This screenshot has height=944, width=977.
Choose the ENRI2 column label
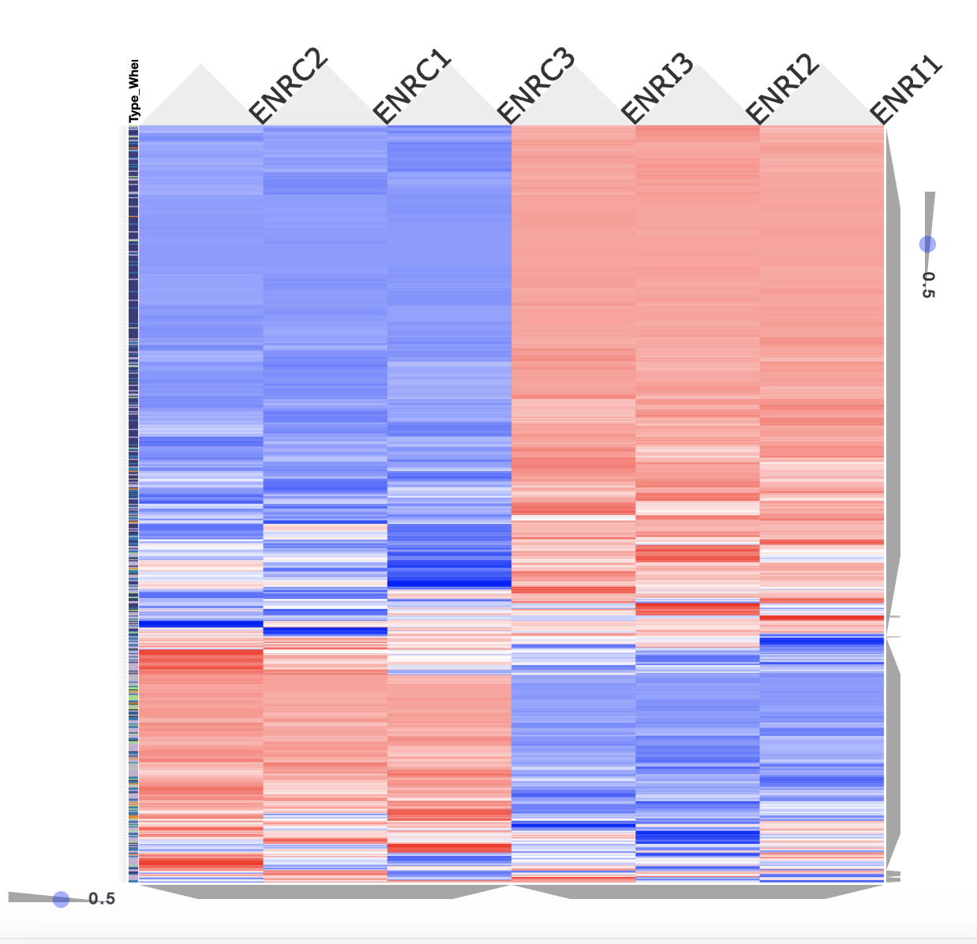783,88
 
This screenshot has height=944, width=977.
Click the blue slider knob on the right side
928,244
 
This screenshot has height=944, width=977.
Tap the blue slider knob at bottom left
61,899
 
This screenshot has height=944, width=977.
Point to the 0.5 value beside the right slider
928,285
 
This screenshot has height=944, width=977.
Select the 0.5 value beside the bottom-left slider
102,899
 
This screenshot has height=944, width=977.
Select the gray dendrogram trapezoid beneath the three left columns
324,891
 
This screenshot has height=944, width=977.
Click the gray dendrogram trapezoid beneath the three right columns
698,891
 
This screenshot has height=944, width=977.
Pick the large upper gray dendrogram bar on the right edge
893,371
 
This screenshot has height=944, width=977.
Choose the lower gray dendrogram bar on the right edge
893,749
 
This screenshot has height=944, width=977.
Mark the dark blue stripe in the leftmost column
200,624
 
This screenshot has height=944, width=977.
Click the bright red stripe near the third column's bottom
449,848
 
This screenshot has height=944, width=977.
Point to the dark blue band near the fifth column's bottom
698,836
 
